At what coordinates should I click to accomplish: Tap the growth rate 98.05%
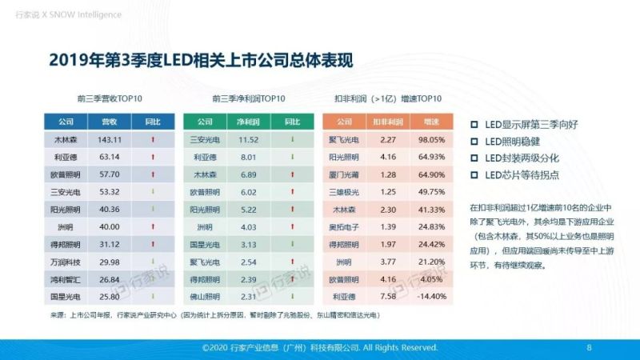tap(431, 139)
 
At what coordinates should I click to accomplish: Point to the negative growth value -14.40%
tap(431, 297)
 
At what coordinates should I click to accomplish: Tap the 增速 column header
tap(431, 122)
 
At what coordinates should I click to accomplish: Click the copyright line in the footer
tap(319, 348)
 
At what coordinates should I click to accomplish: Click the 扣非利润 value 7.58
tap(388, 297)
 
